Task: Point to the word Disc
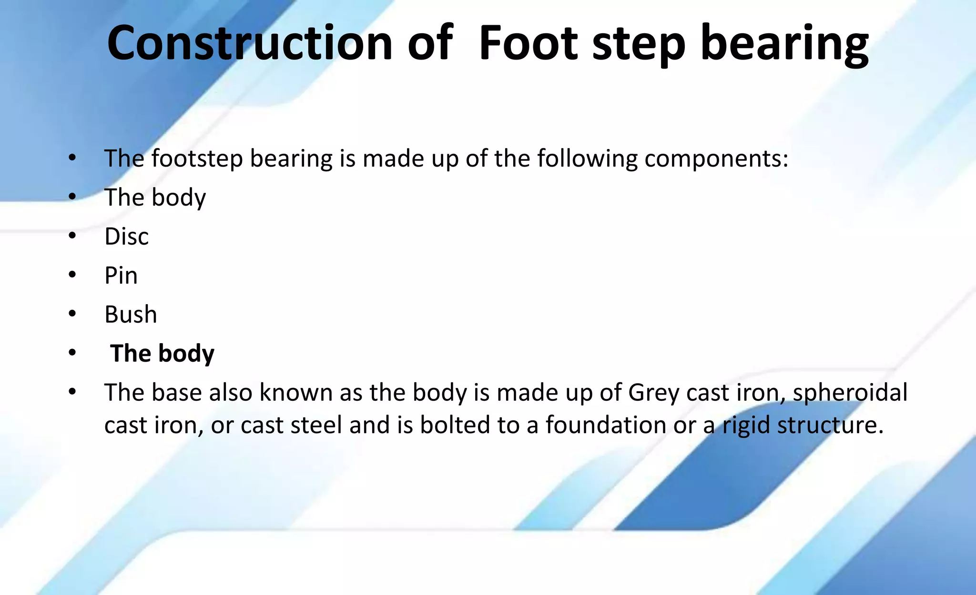tap(126, 237)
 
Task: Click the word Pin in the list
tap(121, 276)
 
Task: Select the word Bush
tap(131, 315)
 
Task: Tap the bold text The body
tap(162, 354)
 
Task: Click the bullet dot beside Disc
tap(72, 236)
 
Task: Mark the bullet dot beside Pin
tap(72, 275)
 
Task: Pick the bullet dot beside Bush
tap(72, 314)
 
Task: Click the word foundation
tap(606, 425)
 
